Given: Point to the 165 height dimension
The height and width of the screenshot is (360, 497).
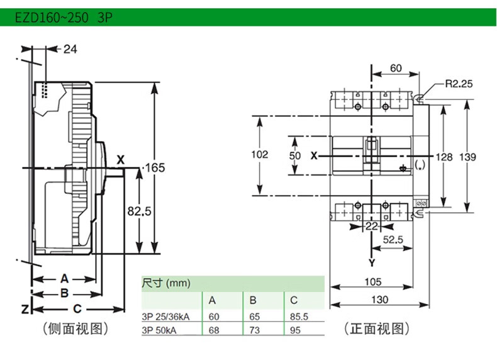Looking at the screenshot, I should pyautogui.click(x=154, y=167).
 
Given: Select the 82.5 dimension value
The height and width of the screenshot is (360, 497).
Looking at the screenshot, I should pyautogui.click(x=139, y=212).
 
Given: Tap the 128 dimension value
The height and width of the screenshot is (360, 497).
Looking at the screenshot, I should pyautogui.click(x=445, y=156).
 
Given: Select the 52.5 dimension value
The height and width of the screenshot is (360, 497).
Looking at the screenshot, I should pyautogui.click(x=394, y=240).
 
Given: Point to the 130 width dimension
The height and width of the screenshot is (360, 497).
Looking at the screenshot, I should pyautogui.click(x=379, y=300).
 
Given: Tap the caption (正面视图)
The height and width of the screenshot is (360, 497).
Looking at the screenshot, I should pyautogui.click(x=376, y=328).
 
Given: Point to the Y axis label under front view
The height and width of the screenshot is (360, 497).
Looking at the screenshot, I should pyautogui.click(x=372, y=262).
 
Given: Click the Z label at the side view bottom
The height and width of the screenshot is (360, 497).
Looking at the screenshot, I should pyautogui.click(x=22, y=309).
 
